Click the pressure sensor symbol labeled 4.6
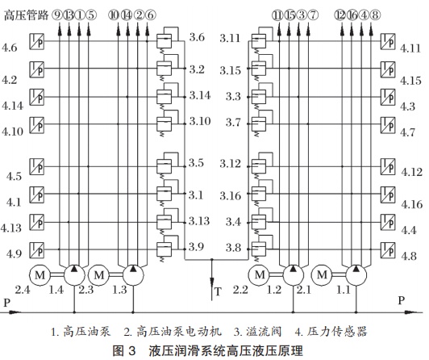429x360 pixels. click(36, 42)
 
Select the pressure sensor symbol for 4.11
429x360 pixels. click(388, 42)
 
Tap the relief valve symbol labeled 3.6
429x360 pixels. click(165, 41)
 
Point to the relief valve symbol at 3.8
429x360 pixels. click(259, 249)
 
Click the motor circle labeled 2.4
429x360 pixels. click(40, 275)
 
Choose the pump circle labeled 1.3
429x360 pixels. click(133, 275)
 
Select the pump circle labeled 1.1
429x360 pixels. click(356, 275)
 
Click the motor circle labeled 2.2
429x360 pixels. click(259, 275)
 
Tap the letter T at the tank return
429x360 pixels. click(218, 292)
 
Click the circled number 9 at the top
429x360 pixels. click(57, 15)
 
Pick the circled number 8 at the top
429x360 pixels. click(376, 15)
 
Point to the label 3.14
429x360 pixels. click(200, 95)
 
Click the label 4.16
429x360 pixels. click(412, 204)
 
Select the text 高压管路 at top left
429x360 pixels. click(26, 15)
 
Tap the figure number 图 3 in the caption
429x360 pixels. click(124, 350)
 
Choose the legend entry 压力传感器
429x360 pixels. click(336, 332)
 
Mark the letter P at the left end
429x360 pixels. click(6, 303)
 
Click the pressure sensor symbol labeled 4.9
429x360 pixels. click(36, 249)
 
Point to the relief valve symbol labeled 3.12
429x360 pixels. click(259, 166)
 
